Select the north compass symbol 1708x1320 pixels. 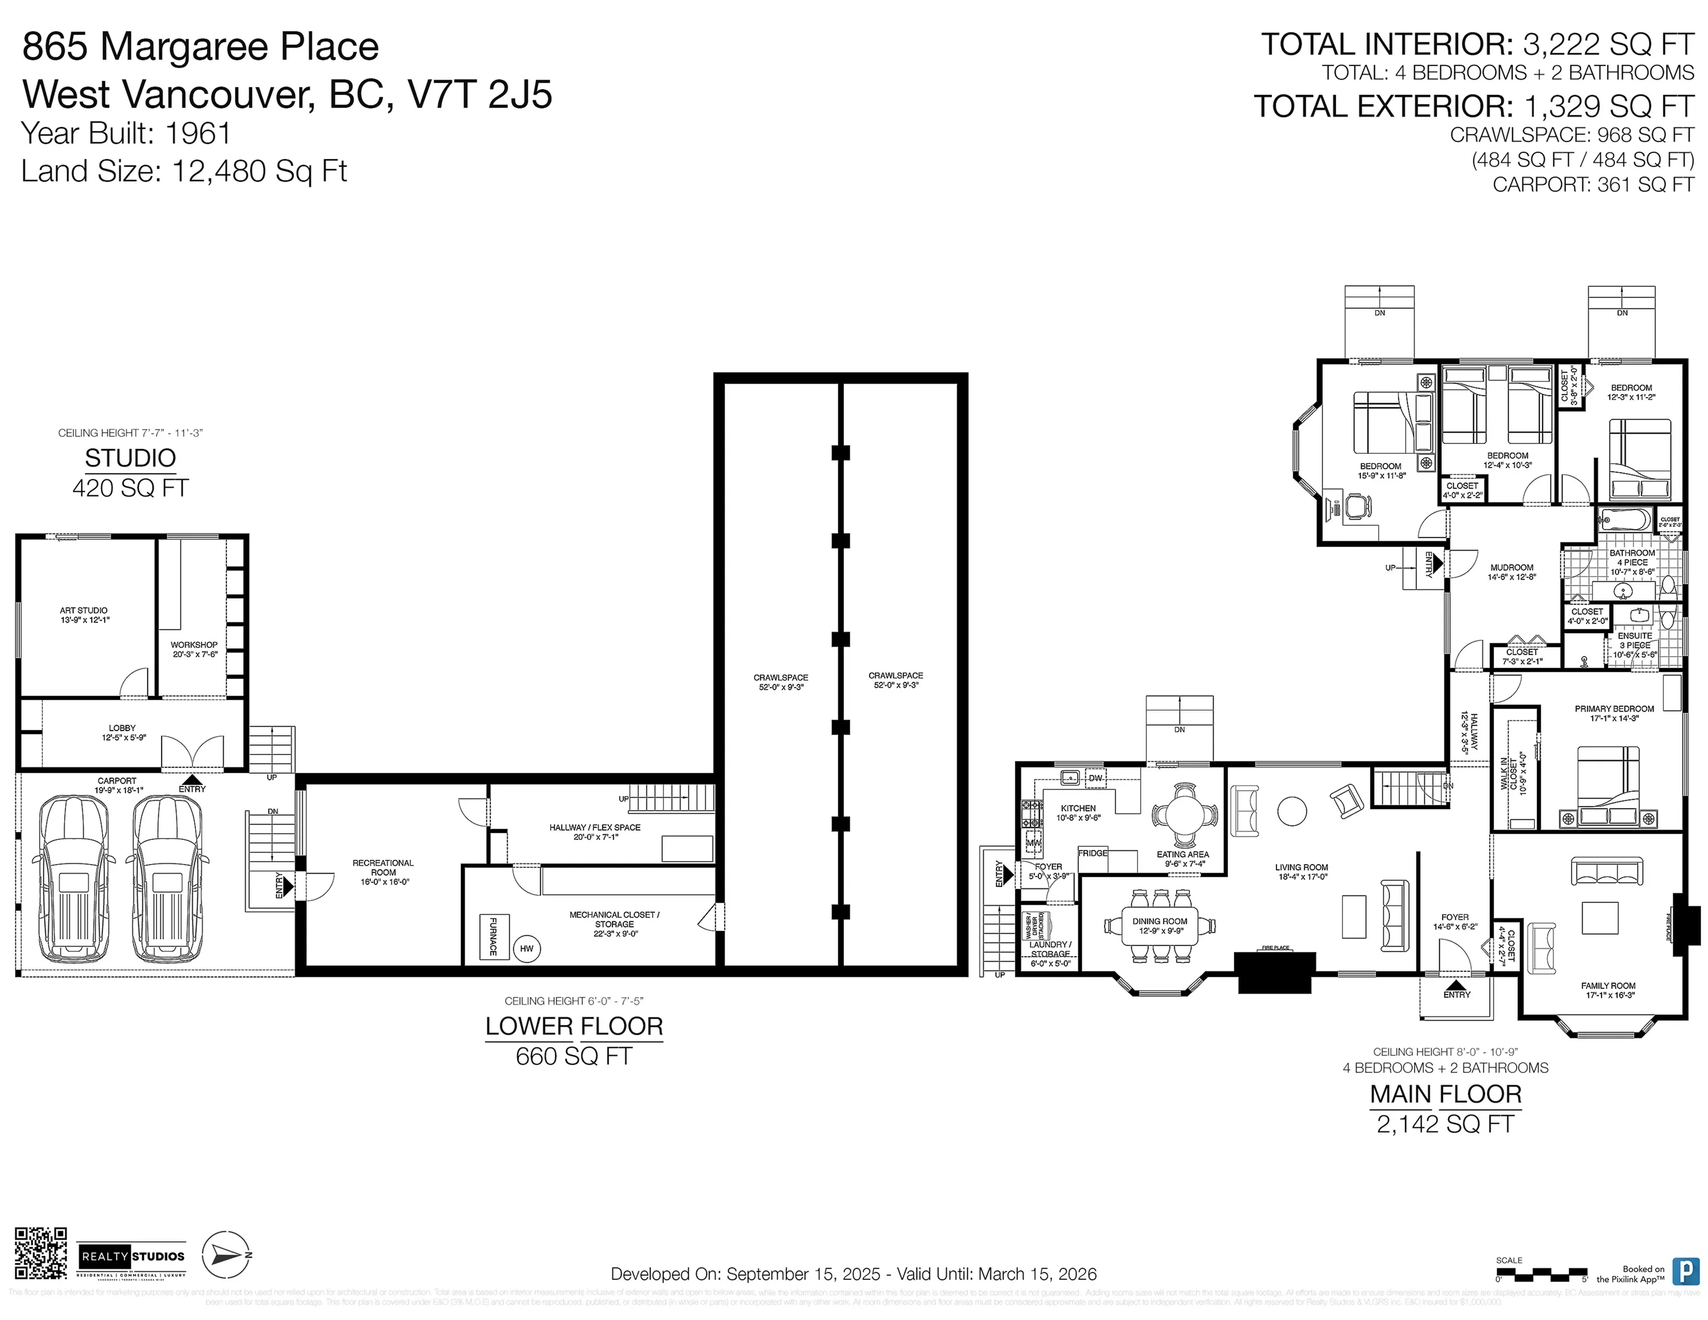(226, 1255)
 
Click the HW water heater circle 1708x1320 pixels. (527, 949)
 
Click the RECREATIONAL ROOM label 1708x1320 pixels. (383, 872)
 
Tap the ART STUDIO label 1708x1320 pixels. (84, 615)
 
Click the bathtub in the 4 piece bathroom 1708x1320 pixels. (1624, 519)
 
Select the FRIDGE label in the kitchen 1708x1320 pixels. (1093, 853)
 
